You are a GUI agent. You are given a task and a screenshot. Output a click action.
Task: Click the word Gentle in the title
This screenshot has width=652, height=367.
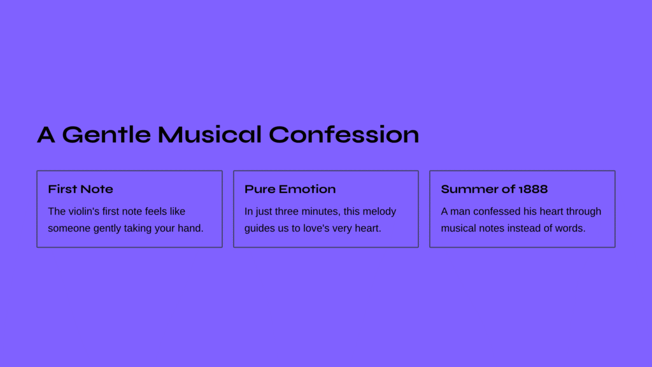pyautogui.click(x=106, y=135)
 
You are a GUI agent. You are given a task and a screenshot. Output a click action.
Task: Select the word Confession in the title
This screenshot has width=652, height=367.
pyautogui.click(x=344, y=134)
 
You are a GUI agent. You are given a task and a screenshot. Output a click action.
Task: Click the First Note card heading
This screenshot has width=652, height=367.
pyautogui.click(x=80, y=189)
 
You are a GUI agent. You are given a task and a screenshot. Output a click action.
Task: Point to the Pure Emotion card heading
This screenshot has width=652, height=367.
pyautogui.click(x=290, y=189)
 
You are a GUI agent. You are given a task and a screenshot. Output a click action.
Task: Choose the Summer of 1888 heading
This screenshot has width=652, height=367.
pyautogui.click(x=494, y=189)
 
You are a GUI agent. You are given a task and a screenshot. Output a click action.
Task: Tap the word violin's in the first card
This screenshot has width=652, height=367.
pyautogui.click(x=84, y=212)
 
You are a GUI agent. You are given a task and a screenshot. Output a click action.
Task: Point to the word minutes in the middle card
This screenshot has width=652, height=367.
pyautogui.click(x=320, y=212)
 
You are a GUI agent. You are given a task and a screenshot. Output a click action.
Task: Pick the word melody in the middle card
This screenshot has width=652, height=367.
pyautogui.click(x=379, y=212)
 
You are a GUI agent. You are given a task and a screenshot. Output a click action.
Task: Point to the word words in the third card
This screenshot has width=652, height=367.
pyautogui.click(x=572, y=228)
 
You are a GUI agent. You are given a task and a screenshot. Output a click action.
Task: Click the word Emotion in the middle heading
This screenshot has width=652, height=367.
pyautogui.click(x=308, y=189)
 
